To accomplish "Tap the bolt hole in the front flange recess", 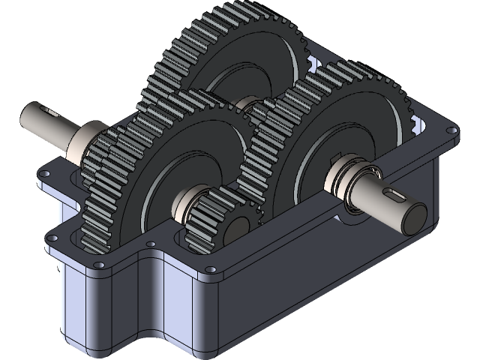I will coord(152,244).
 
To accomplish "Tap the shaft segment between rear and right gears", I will coord(247,105).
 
